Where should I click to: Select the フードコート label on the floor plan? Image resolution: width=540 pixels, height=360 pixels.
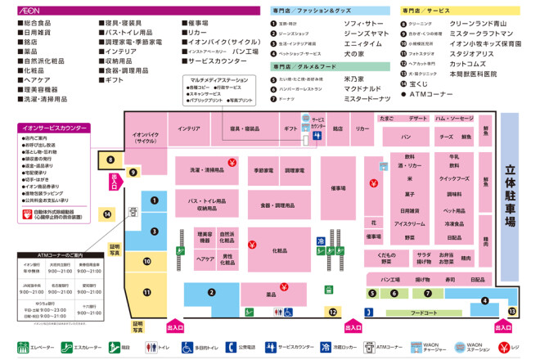tap(423, 313)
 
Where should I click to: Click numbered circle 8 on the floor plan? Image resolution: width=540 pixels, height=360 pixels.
tap(110, 160)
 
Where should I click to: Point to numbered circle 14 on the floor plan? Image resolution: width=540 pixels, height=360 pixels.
tap(107, 214)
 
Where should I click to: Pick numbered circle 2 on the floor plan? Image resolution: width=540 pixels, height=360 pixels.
tap(211, 292)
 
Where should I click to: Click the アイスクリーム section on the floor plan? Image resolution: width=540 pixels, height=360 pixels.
tap(410, 223)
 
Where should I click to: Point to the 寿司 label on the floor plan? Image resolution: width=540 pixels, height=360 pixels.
tap(450, 280)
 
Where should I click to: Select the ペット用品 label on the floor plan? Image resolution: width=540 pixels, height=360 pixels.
tap(454, 209)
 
